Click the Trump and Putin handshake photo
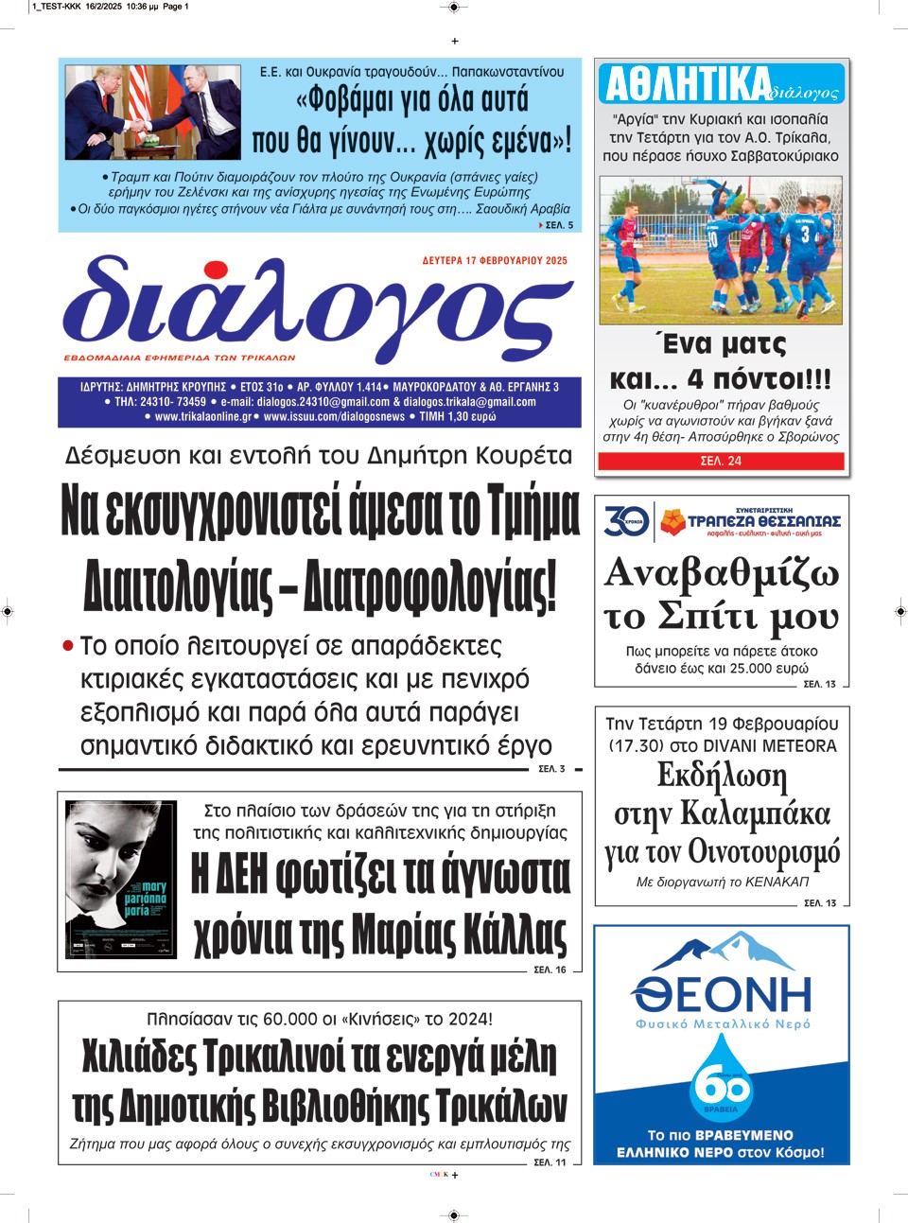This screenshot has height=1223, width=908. pos(152,112)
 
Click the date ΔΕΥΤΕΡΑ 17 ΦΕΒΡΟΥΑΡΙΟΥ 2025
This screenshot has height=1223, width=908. pos(495,261)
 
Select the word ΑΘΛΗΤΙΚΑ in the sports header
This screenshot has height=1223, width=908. pos(687,85)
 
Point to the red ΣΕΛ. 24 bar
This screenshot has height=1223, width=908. pos(721,461)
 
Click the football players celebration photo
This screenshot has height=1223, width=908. pos(721,250)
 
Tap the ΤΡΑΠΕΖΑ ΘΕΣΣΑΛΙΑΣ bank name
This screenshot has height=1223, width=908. pos(763,521)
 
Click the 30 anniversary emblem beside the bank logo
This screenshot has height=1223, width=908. pos(626,520)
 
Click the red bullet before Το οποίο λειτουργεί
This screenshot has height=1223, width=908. pos(67,646)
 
